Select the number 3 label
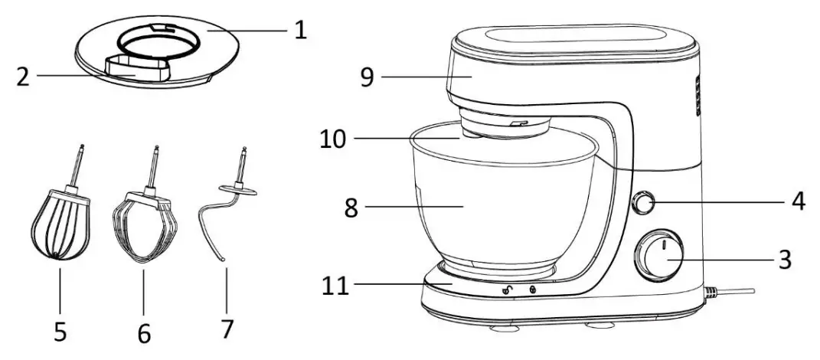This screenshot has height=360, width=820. (x=783, y=259)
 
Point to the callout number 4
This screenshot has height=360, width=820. (x=797, y=202)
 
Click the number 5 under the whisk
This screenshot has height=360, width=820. (x=60, y=331)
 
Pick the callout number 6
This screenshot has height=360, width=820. (x=143, y=332)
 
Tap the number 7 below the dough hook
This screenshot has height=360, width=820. (x=226, y=329)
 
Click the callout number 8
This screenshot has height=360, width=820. (x=351, y=208)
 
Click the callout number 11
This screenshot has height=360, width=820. (x=334, y=286)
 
